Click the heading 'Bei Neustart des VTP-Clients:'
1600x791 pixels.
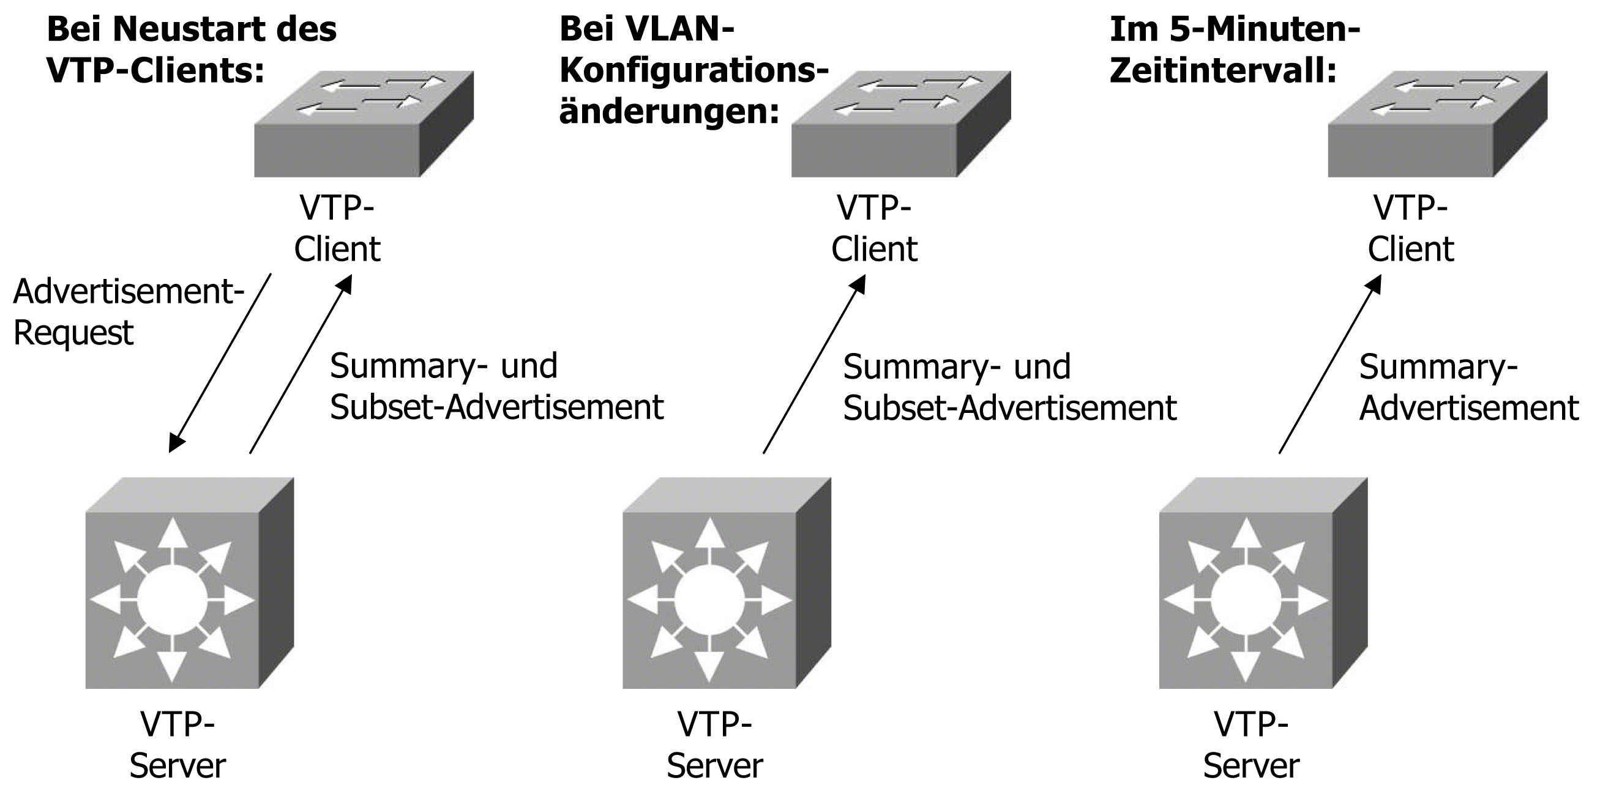[192, 50]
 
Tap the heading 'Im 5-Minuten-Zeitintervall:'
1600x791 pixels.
[1234, 50]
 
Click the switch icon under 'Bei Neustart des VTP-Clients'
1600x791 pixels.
[364, 124]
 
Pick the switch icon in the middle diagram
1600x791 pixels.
[900, 124]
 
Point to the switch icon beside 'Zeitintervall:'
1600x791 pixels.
[1437, 124]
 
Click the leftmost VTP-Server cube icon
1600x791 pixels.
[189, 583]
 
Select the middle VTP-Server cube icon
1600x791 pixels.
[726, 583]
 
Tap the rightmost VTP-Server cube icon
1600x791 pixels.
[1263, 583]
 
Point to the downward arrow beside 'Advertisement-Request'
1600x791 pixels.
[220, 363]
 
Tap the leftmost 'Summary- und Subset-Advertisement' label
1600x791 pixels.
[496, 386]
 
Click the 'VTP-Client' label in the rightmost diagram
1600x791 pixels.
[1411, 228]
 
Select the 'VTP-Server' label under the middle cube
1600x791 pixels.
[714, 745]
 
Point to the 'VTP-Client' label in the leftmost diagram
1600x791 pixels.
[337, 228]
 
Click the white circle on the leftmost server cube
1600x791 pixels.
[171, 600]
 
